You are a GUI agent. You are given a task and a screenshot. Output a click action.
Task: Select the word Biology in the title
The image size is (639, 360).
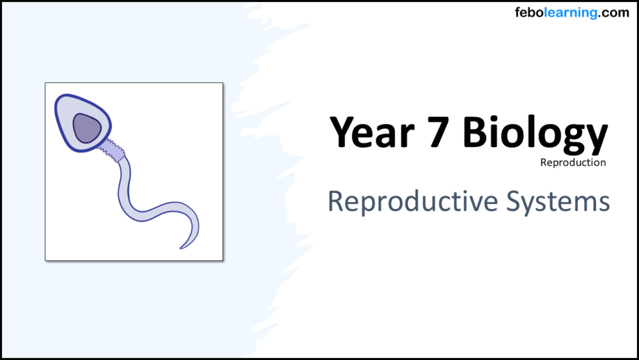(x=535, y=133)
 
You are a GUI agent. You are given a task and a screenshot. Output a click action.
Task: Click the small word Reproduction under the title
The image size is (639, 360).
(x=573, y=162)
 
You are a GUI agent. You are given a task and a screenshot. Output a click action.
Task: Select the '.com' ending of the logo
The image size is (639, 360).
(x=613, y=13)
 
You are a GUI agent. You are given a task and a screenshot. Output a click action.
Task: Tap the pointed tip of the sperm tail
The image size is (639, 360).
(x=181, y=247)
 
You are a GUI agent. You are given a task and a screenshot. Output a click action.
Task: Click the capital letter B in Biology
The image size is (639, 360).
(x=477, y=132)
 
